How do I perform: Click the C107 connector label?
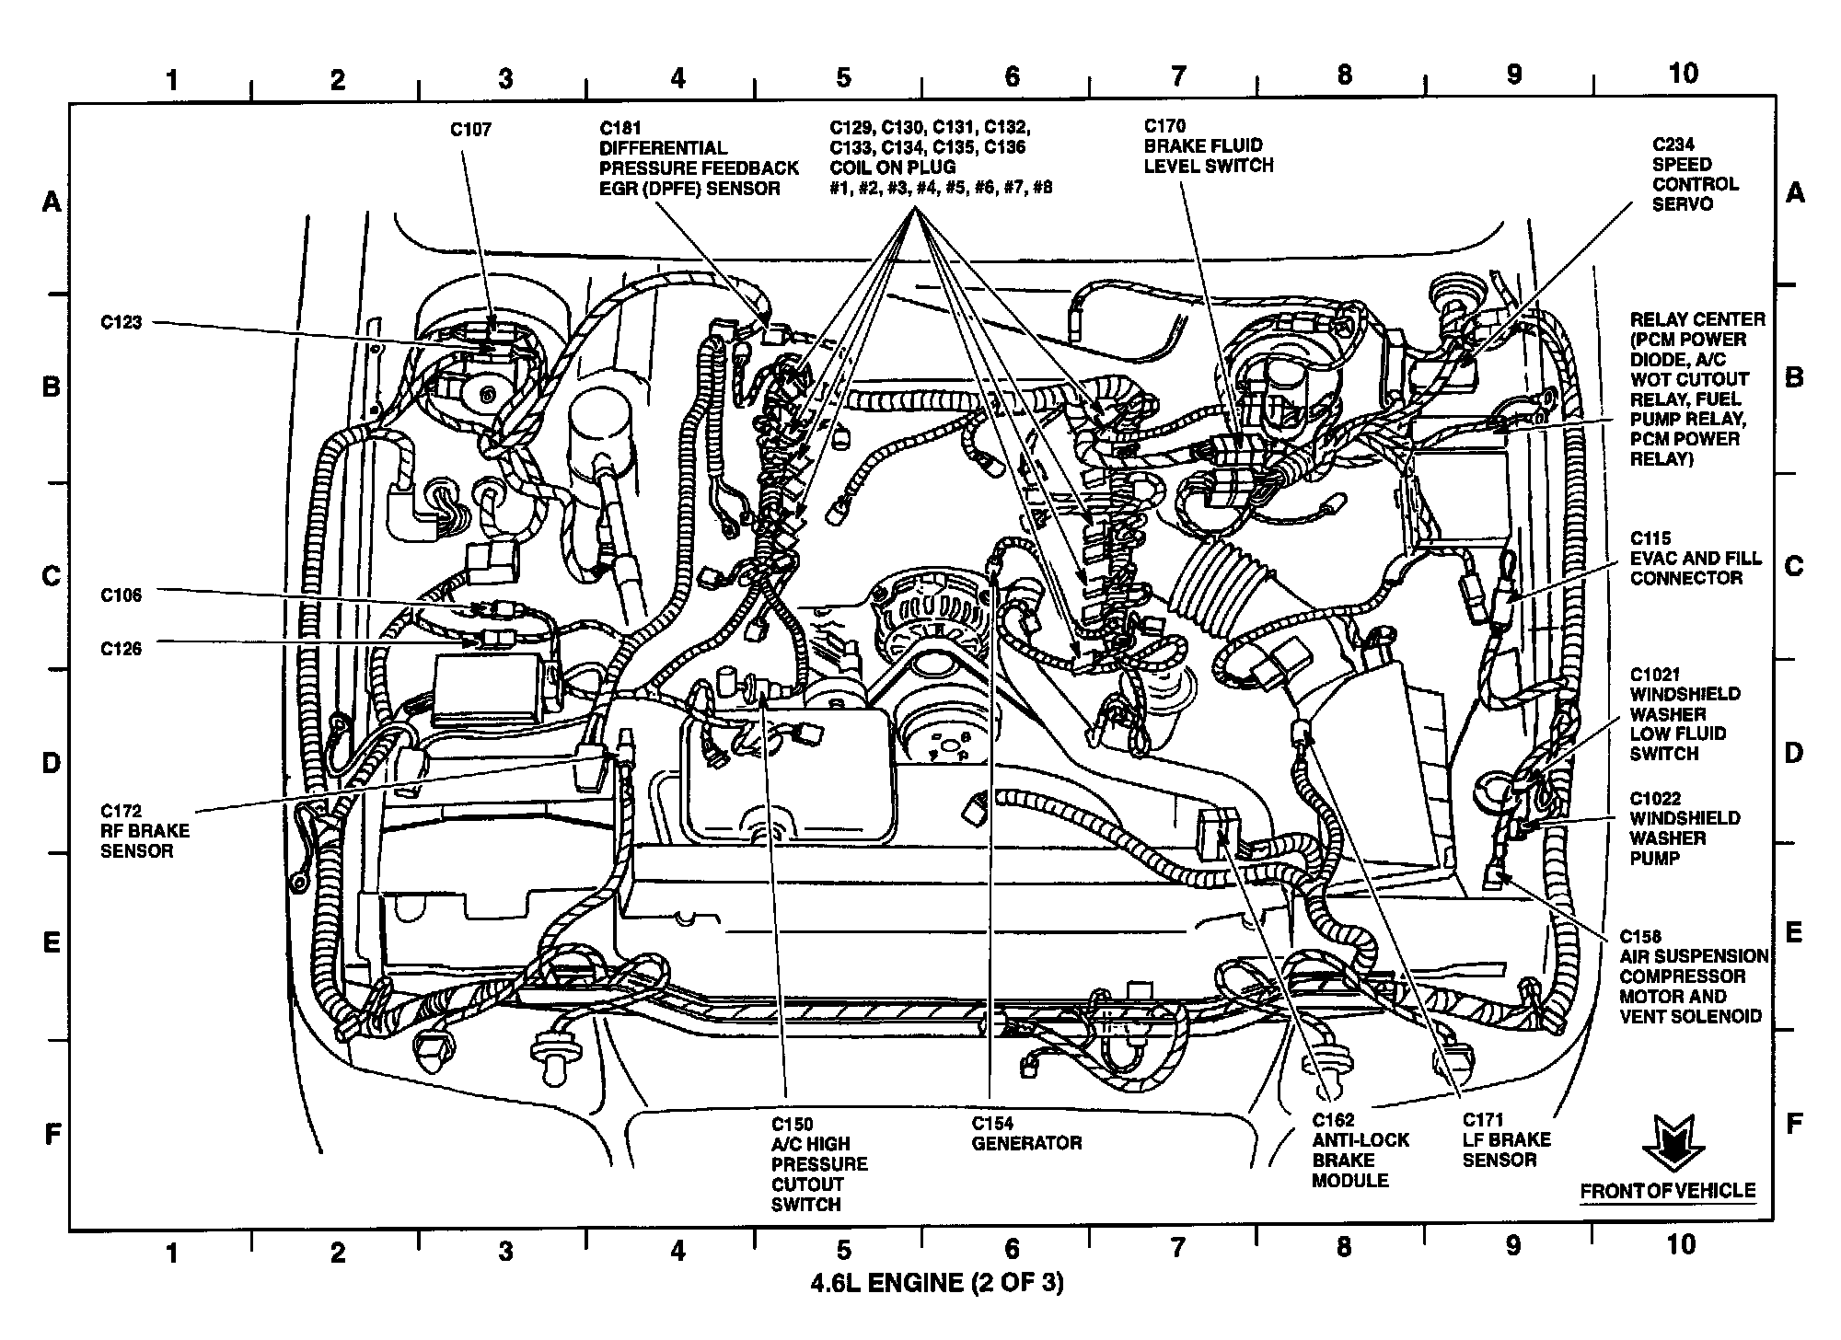pyautogui.click(x=470, y=130)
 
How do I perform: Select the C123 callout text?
pyautogui.click(x=122, y=322)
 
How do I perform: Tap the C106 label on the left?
pyautogui.click(x=122, y=595)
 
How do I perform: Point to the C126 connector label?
pyautogui.click(x=122, y=649)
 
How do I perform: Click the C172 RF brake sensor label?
pyautogui.click(x=145, y=830)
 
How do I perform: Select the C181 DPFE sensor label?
pyautogui.click(x=699, y=158)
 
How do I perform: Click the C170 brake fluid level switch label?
pyautogui.click(x=1208, y=145)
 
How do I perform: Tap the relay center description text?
pyautogui.click(x=1696, y=388)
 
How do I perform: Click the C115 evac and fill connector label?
pyautogui.click(x=1696, y=558)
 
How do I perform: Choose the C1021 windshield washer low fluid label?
pyautogui.click(x=1685, y=713)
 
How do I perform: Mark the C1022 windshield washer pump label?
pyautogui.click(x=1685, y=828)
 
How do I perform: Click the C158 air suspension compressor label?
pyautogui.click(x=1693, y=976)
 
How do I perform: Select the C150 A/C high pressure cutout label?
pyautogui.click(x=818, y=1163)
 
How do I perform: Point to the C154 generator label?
pyautogui.click(x=1025, y=1133)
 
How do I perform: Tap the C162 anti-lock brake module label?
pyautogui.click(x=1360, y=1149)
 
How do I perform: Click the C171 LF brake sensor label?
pyautogui.click(x=1506, y=1139)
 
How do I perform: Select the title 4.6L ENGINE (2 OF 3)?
pyautogui.click(x=936, y=1281)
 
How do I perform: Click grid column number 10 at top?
pyautogui.click(x=1683, y=74)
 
